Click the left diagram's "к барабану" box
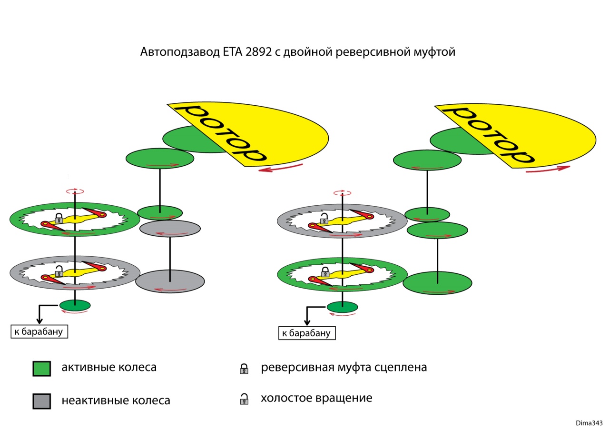(39, 331)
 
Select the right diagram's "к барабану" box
(307, 333)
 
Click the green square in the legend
(41, 369)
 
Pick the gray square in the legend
(41, 401)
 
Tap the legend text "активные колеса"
(109, 368)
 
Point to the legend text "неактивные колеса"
(116, 401)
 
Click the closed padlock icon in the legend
(244, 369)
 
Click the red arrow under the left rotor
(281, 167)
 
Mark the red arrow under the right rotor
(548, 169)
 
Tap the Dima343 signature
(589, 423)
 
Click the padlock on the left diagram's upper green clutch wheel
(59, 219)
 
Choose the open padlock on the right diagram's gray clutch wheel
(324, 219)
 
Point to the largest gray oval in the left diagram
(170, 281)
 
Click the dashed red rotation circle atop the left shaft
(75, 191)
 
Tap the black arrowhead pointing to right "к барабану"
(307, 323)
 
